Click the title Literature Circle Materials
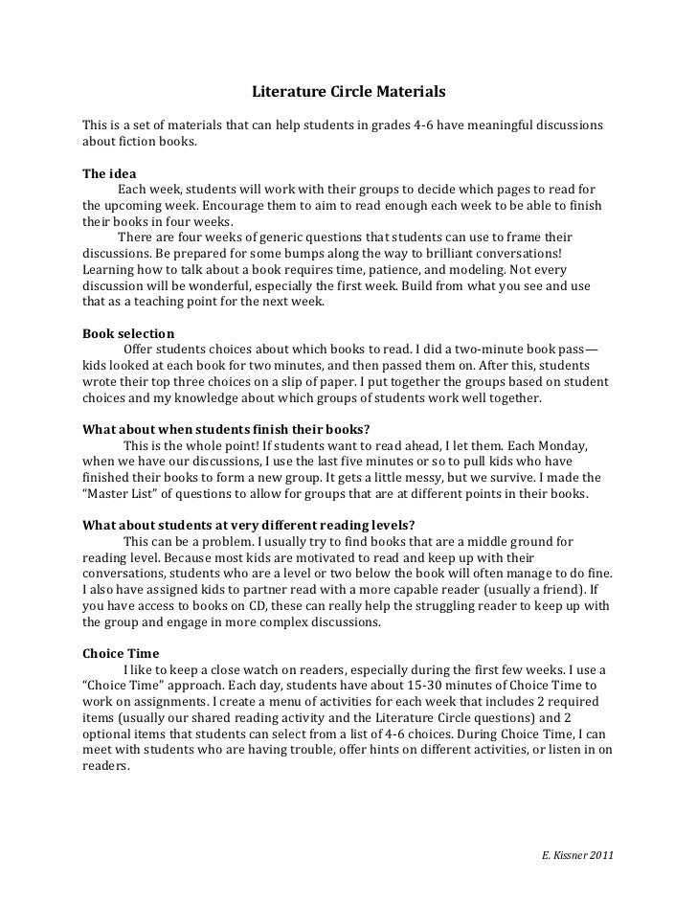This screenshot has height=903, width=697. (x=348, y=94)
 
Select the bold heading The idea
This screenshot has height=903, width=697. (x=109, y=174)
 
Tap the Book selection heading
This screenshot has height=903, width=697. (x=128, y=334)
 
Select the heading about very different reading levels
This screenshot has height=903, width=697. (x=249, y=524)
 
